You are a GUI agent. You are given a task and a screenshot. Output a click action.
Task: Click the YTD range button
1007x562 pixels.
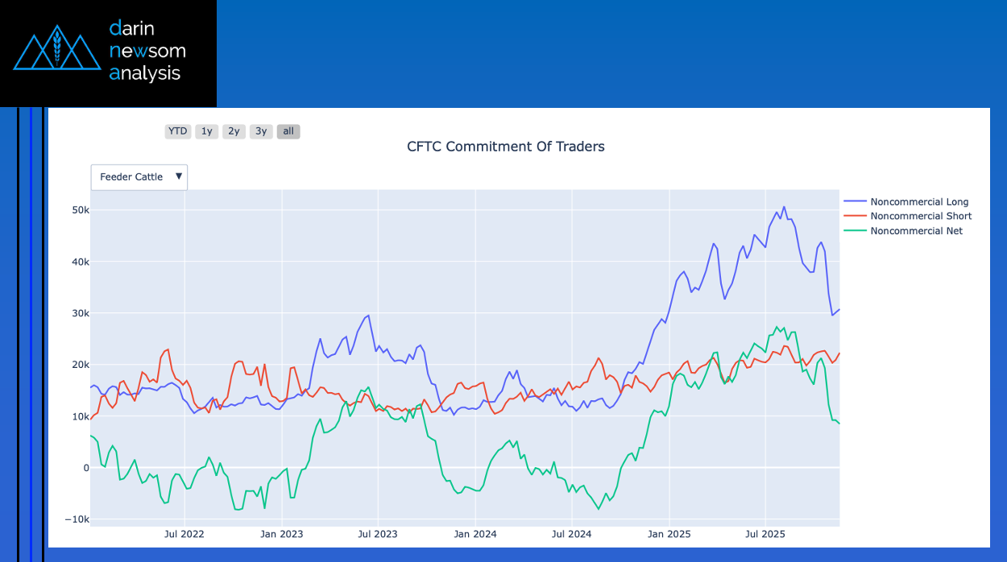pos(177,131)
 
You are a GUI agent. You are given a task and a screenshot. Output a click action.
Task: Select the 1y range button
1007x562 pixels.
pos(207,131)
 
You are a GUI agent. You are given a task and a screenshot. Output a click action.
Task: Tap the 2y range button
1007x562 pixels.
pos(234,131)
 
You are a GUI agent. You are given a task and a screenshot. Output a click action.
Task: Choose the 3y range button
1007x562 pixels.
pos(261,131)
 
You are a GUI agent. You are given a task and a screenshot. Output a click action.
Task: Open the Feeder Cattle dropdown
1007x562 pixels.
pos(139,177)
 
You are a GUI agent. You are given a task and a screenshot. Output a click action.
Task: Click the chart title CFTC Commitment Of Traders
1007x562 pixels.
pos(505,147)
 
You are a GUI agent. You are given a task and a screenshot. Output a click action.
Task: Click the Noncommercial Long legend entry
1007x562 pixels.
pos(919,202)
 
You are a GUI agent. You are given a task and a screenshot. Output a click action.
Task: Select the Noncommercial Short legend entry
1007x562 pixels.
pos(921,217)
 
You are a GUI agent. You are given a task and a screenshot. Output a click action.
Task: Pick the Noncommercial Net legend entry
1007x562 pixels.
pos(916,231)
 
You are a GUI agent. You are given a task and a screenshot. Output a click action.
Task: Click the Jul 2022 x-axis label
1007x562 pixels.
pos(184,534)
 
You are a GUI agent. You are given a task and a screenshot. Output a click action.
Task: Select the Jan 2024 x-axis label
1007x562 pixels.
pos(474,534)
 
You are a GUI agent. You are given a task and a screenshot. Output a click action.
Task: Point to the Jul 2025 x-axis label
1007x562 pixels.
pos(765,534)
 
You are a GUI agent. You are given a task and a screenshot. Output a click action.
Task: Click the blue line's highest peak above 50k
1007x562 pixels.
pos(784,207)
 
